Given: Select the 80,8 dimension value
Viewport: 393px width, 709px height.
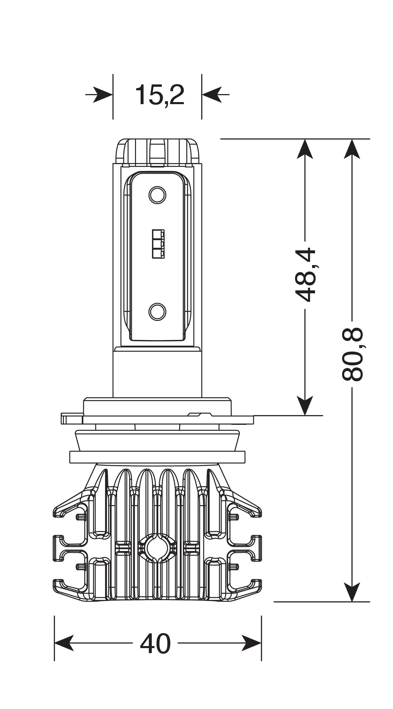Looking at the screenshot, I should tap(352, 354).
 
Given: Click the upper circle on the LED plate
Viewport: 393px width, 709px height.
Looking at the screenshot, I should tap(157, 194).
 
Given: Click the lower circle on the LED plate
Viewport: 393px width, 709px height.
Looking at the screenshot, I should tap(157, 312).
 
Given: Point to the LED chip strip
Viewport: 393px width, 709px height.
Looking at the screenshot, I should tap(158, 244).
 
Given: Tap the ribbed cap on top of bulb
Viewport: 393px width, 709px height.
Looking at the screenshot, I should tap(157, 152).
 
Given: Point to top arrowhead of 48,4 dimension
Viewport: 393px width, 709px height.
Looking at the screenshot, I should tap(305, 148).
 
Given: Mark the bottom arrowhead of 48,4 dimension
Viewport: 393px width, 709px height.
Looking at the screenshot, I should tap(305, 406).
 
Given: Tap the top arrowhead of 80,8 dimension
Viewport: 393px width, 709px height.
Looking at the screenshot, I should tap(352, 148).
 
